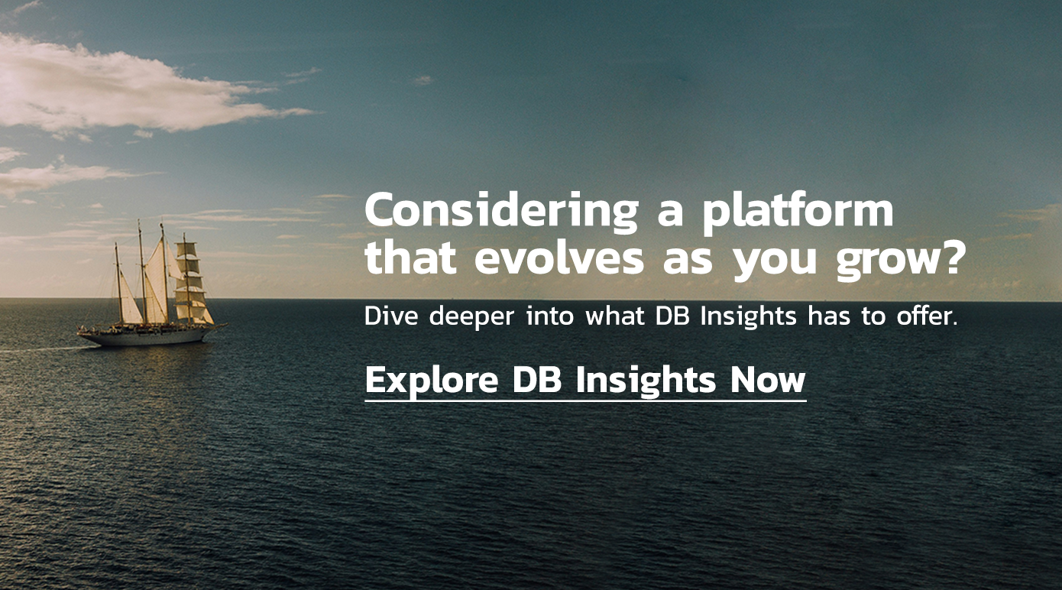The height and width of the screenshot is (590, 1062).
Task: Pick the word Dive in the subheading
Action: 391,316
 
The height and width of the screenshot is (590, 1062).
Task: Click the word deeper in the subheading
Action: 471,317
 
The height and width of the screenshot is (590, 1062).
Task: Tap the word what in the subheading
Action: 615,316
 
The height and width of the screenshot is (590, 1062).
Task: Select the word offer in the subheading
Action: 924,316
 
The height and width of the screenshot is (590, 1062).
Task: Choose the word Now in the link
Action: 768,381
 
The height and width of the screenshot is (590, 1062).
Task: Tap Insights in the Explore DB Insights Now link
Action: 646,381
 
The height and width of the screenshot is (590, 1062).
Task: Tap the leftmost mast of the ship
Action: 118,284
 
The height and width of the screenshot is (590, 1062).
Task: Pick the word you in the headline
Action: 775,262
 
